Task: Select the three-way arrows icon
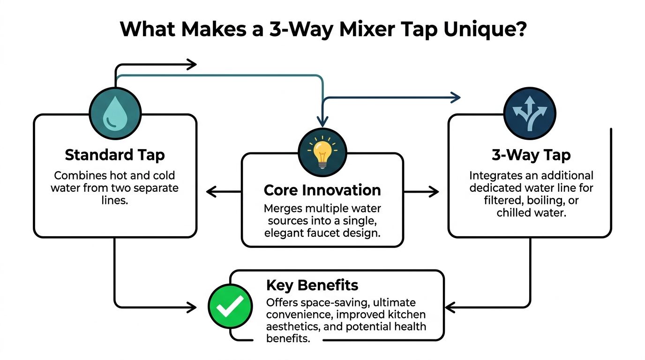pos(530,112)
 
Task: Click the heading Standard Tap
pos(115,155)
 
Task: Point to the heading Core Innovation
pos(322,190)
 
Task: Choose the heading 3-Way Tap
pos(531,155)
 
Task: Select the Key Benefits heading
pos(312,285)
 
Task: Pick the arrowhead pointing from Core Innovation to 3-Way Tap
pos(434,191)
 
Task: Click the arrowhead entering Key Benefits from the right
pos(449,307)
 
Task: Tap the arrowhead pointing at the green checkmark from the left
pos(192,307)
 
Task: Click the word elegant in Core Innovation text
pos(281,232)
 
